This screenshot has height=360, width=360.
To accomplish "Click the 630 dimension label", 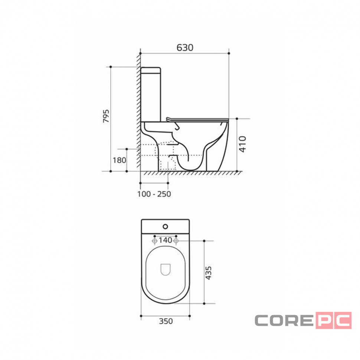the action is click(185, 48).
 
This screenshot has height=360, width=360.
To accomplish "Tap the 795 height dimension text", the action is click(106, 116).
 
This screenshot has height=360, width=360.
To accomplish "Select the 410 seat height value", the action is click(242, 144).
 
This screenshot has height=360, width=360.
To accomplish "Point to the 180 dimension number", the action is click(120, 160).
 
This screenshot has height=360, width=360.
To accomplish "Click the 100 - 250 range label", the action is click(154, 194).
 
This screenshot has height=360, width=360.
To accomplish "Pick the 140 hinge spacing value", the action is click(165, 240).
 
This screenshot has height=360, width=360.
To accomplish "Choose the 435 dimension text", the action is click(208, 273).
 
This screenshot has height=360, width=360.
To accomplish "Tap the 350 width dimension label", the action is click(166, 321).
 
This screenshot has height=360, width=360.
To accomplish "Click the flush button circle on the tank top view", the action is click(165, 227).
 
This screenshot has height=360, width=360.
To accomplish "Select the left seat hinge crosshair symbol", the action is click(155, 240).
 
